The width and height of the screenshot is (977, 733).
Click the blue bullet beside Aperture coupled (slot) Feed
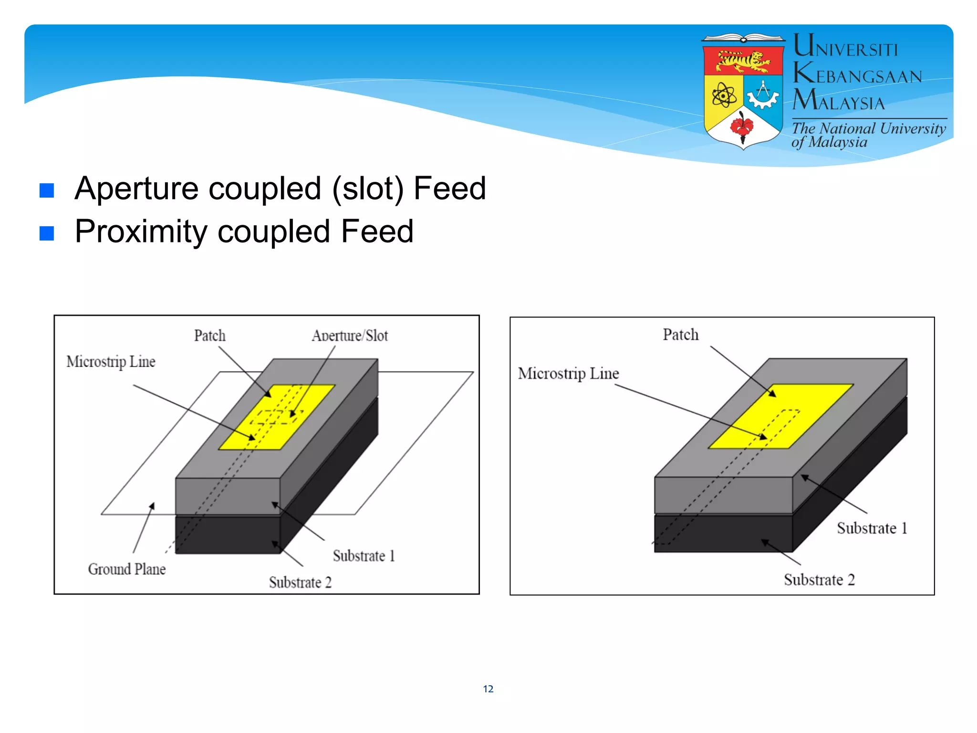pos(47,190)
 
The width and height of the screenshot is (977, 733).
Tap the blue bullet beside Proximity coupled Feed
pos(47,233)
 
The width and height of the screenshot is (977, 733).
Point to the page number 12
pos(488,689)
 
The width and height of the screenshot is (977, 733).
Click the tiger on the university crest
pos(743,61)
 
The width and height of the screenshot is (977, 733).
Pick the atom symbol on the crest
pos(724,95)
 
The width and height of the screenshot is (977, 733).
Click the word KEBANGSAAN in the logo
pos(857,75)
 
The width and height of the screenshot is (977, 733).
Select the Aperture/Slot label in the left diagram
pos(350,335)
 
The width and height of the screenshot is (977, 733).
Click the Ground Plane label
pos(127,569)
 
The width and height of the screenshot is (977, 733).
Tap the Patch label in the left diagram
pos(210,335)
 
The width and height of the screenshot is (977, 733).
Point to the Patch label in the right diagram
pos(681,335)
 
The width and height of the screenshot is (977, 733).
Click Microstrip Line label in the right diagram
pos(569,373)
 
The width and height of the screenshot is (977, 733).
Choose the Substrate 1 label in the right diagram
pos(872,528)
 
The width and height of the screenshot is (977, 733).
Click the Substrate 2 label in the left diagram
pos(300,582)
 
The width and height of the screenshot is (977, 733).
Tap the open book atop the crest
pos(743,38)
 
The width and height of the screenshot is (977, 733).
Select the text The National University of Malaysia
pos(868,135)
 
